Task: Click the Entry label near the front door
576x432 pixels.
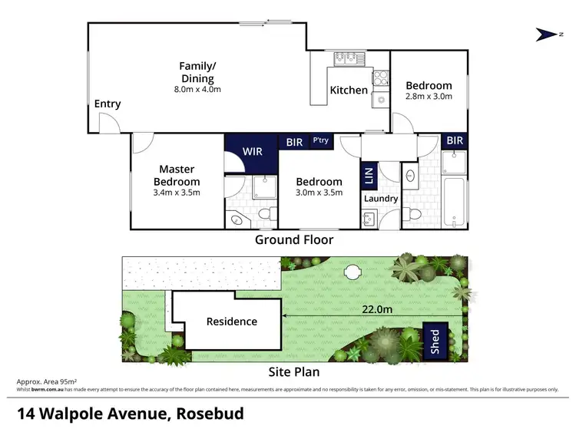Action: tap(107, 104)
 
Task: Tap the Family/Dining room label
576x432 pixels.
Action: tap(197, 72)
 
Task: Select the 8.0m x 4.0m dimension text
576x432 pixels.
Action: tap(197, 90)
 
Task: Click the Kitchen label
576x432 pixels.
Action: tap(349, 91)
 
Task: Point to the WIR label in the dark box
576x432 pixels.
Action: tap(252, 151)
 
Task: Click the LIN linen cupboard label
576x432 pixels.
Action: tap(368, 176)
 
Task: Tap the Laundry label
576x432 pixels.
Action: tap(381, 199)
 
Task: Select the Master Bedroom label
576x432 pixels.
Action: tap(177, 175)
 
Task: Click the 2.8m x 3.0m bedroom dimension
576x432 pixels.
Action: tap(429, 97)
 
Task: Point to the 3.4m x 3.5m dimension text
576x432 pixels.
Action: tap(177, 193)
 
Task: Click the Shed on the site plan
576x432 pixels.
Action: tap(435, 337)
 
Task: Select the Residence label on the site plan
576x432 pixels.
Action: tap(231, 322)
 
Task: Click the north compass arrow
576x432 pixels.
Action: tap(548, 34)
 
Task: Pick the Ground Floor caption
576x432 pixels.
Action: tap(294, 239)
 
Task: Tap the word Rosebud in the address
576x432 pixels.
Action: tap(210, 414)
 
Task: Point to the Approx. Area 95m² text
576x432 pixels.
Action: tap(46, 381)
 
